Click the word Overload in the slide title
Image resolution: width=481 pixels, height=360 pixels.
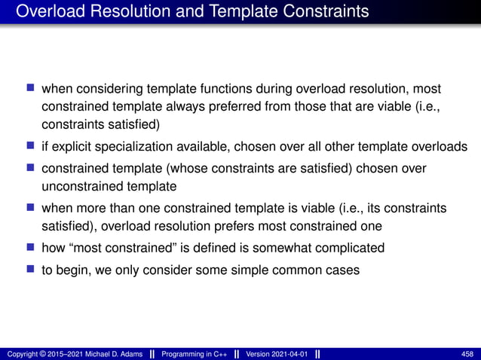pos(47,12)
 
